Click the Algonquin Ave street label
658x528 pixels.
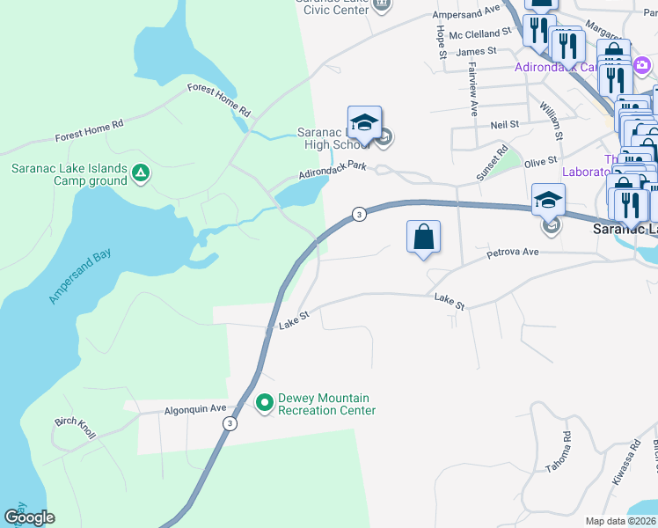pyautogui.click(x=195, y=409)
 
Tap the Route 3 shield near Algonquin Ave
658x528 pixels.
pyautogui.click(x=230, y=423)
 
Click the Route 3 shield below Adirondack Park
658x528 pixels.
pyautogui.click(x=358, y=214)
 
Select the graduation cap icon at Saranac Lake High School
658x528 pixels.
pyautogui.click(x=364, y=123)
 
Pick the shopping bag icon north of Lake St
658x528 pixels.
pyautogui.click(x=423, y=237)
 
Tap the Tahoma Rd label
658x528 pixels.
pyautogui.click(x=558, y=451)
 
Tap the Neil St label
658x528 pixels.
pyautogui.click(x=505, y=125)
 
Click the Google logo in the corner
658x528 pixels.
pyautogui.click(x=29, y=517)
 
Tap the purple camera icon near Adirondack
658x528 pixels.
pyautogui.click(x=642, y=65)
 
